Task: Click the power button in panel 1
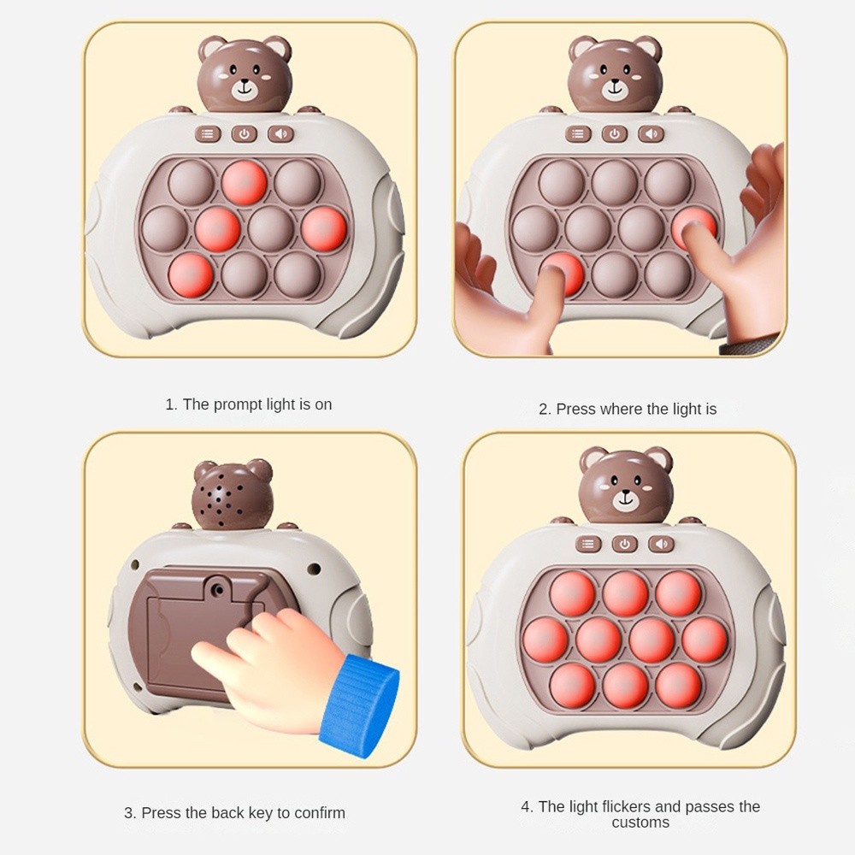pyautogui.click(x=245, y=134)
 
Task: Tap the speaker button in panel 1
pyautogui.click(x=280, y=134)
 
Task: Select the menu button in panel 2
pyautogui.click(x=578, y=134)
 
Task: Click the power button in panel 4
pyautogui.click(x=625, y=544)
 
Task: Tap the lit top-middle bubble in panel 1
pyautogui.click(x=245, y=183)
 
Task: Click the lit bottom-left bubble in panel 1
pyautogui.click(x=191, y=275)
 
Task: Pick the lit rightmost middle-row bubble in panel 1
pyautogui.click(x=324, y=229)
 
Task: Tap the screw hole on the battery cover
pyautogui.click(x=219, y=589)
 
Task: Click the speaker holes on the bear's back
pyautogui.click(x=221, y=499)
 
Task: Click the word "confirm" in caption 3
pyautogui.click(x=320, y=813)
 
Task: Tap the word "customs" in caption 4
pyautogui.click(x=640, y=823)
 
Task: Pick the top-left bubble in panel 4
pyautogui.click(x=573, y=594)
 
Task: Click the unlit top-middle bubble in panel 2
pyautogui.click(x=615, y=183)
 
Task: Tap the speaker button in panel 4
pyautogui.click(x=662, y=544)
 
